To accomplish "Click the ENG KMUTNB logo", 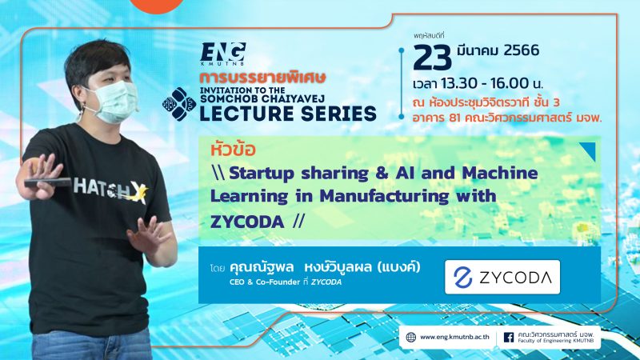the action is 223,54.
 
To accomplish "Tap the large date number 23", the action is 432,58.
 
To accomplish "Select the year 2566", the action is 522,50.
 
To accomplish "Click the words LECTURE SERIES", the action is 288,114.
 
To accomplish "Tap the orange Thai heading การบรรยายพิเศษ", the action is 262,78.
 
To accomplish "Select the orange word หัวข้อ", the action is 233,150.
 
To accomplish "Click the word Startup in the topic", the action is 262,174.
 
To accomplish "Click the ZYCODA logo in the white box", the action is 502,277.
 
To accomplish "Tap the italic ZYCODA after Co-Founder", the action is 326,282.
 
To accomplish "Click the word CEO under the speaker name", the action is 237,282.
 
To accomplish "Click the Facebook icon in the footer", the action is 509,337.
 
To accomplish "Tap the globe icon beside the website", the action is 411,337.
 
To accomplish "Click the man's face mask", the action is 114,102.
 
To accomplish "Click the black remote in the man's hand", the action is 47,182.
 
